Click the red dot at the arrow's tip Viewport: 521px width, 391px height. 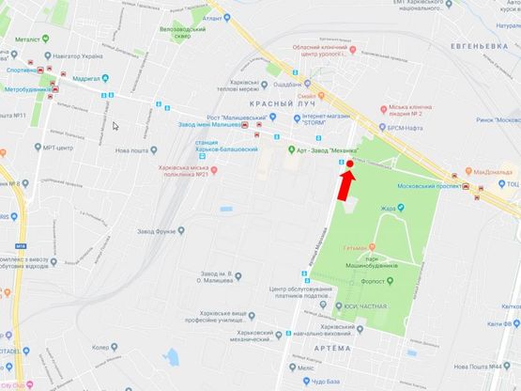(x=349, y=164)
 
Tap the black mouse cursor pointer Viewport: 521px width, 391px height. (x=115, y=125)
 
